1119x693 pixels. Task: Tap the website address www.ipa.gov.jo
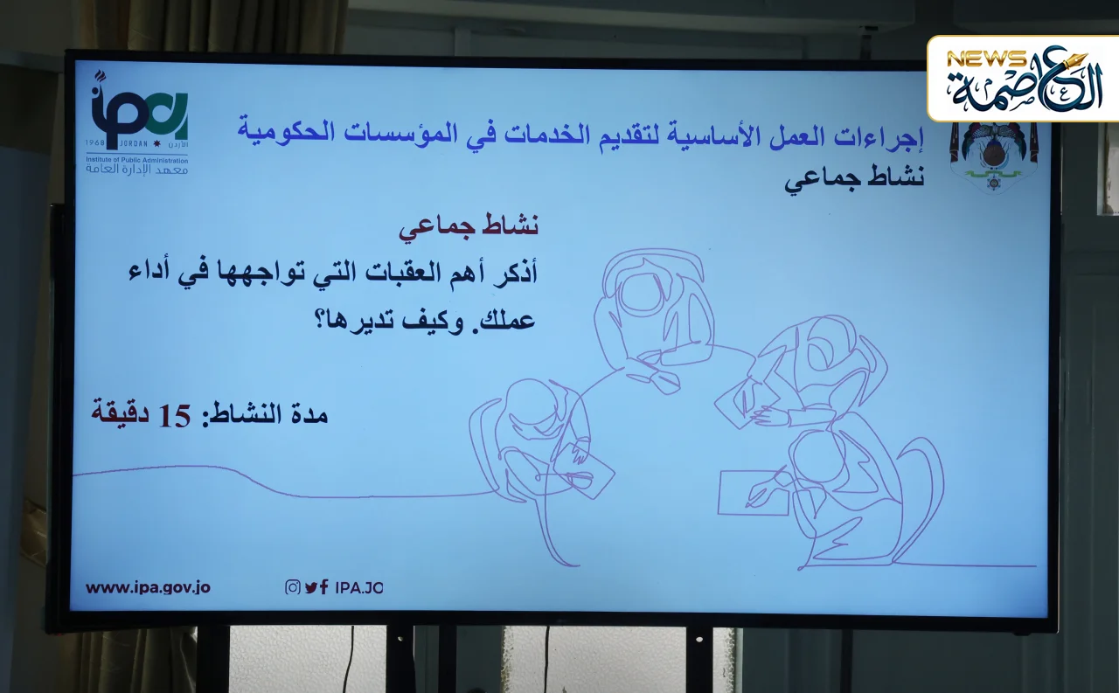point(148,587)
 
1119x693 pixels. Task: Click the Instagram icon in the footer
point(293,587)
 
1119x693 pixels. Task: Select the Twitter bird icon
point(311,587)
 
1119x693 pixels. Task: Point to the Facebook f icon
point(324,587)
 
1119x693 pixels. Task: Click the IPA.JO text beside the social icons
point(359,587)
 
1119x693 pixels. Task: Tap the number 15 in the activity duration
point(175,416)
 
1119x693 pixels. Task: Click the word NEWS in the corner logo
point(986,59)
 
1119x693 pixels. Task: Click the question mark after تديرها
point(320,320)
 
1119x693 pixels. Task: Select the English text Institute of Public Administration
point(137,160)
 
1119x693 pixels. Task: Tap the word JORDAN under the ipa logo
point(134,144)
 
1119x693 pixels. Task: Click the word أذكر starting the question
point(515,273)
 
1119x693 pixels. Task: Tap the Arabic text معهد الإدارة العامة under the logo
point(137,169)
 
